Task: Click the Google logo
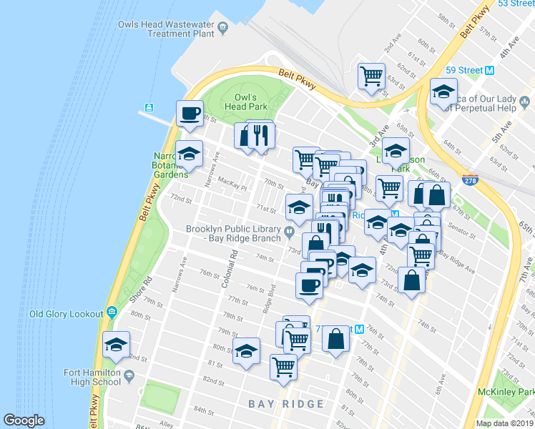point(24,420)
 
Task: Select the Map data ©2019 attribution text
point(504,423)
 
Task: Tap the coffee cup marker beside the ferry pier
point(190,114)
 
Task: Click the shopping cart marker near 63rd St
point(371,76)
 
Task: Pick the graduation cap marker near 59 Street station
point(443,93)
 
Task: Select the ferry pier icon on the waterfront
point(149,108)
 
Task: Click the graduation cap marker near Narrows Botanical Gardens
point(189,154)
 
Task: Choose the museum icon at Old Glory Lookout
point(112,313)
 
